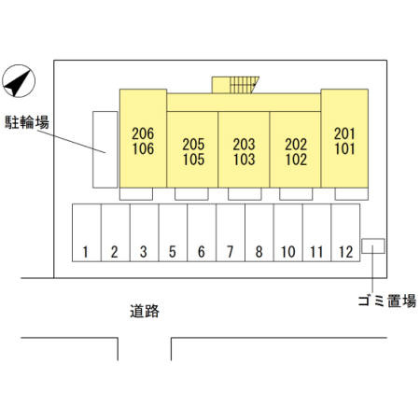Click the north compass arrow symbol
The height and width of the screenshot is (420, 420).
[x=19, y=81]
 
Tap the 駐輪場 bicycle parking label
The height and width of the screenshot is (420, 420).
[x=27, y=122]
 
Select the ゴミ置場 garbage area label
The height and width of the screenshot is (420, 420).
[x=387, y=301]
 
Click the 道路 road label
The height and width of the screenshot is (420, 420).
[x=145, y=311]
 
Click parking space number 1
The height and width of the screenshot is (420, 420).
[x=86, y=232]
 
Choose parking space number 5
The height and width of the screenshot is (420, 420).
[x=173, y=232]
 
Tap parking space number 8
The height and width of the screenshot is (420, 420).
[x=259, y=232]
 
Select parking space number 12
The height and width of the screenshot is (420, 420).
[x=345, y=232]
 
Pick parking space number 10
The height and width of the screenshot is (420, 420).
[x=288, y=232]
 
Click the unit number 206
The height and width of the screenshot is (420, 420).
[x=143, y=133]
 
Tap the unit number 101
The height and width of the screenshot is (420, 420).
[x=344, y=148]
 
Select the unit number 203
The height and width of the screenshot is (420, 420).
[x=245, y=144]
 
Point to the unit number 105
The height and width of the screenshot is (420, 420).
[x=193, y=160]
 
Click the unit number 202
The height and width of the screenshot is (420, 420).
[x=296, y=144]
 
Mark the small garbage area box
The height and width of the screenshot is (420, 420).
[x=373, y=246]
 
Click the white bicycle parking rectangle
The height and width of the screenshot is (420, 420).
[x=105, y=149]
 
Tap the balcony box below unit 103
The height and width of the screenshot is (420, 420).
[x=245, y=194]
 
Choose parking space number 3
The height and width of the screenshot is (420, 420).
[x=144, y=232]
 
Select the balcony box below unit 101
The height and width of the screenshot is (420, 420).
[x=352, y=194]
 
